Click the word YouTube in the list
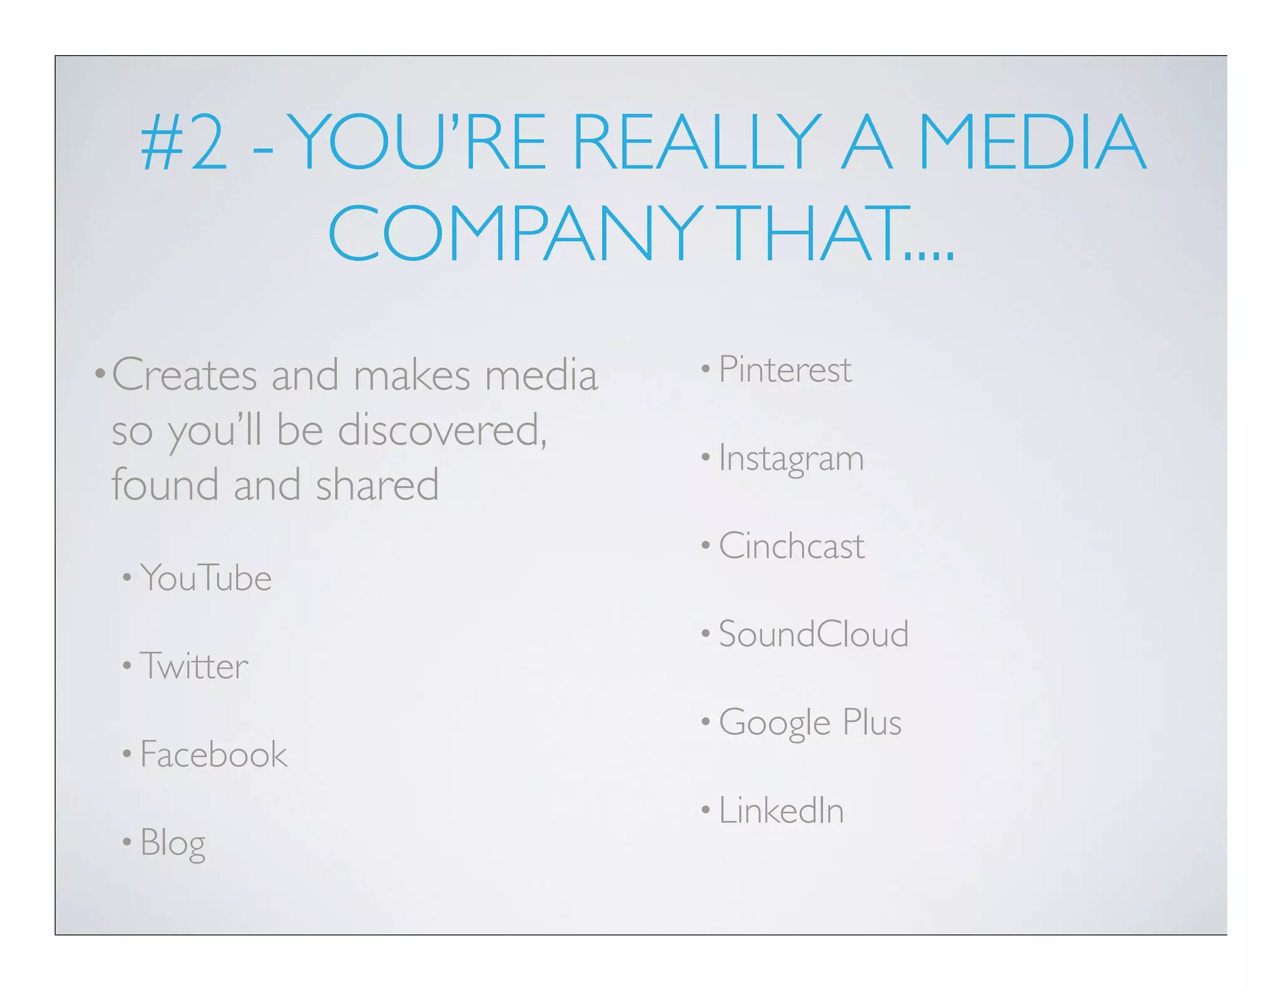206,578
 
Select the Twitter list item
194,666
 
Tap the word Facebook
213,754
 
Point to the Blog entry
173,843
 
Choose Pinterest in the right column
785,369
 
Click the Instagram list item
791,458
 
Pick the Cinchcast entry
792,546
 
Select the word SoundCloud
814,634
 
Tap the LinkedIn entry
781,810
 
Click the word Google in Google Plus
775,723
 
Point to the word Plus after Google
872,722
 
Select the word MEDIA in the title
1032,142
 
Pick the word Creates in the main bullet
185,375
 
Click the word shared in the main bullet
377,486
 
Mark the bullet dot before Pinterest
705,369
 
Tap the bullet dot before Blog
127,842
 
